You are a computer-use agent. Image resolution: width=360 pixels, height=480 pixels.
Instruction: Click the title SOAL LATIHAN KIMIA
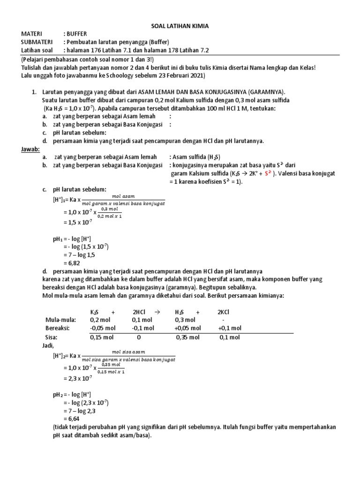click(180, 26)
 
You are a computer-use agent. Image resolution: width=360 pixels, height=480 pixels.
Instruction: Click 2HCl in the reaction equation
click(140, 311)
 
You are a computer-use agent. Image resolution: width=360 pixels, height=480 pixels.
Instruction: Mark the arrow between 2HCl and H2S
click(157, 311)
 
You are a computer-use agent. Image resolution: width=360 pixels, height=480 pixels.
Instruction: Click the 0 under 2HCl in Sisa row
click(139, 337)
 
